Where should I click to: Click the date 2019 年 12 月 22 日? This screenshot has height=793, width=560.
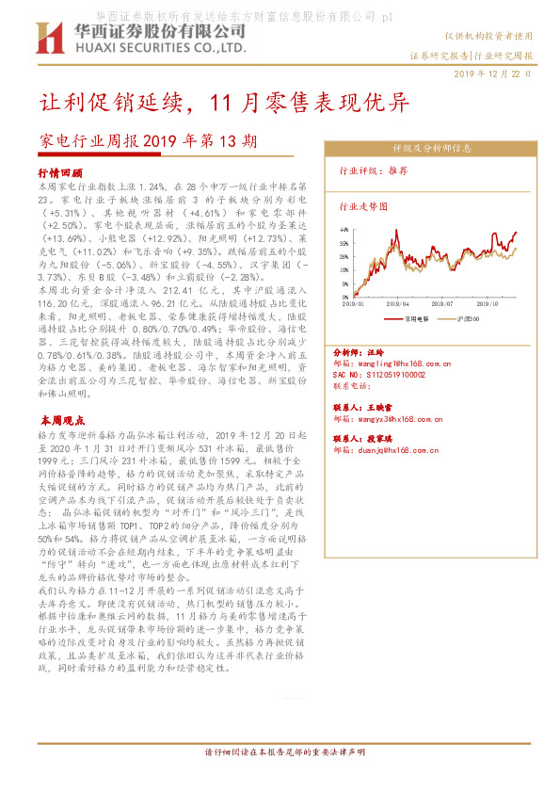pyautogui.click(x=491, y=73)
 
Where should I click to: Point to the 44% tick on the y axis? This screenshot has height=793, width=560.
pyautogui.click(x=345, y=229)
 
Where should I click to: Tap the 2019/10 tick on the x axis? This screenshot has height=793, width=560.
pyautogui.click(x=488, y=304)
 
